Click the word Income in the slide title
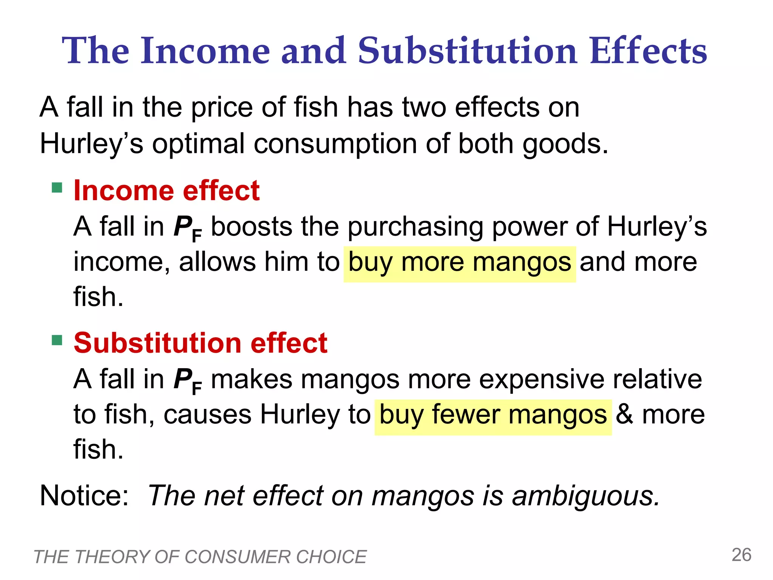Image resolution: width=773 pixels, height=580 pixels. pos(205,51)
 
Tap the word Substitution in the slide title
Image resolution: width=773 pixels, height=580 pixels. pos(467,51)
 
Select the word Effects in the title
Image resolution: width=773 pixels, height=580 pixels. pos(648,51)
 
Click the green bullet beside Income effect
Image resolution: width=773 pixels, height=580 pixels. pos(57,188)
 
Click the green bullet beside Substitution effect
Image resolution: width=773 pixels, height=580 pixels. pos(57,340)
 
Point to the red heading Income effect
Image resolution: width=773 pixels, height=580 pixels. pos(166,190)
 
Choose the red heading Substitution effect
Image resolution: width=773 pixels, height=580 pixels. pos(200,343)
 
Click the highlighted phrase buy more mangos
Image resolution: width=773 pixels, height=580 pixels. pos(459,262)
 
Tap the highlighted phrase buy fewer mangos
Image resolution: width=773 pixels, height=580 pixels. pos(493,415)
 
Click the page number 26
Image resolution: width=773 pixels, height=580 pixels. pos(741,555)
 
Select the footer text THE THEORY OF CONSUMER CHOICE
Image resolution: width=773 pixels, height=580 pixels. pos(200,557)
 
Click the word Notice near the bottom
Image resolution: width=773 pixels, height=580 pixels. pos(84,495)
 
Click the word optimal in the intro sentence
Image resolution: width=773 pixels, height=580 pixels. pos(199,145)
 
